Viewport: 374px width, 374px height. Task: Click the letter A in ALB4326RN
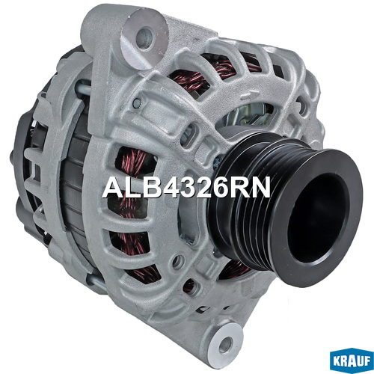pyautogui.click(x=112, y=188)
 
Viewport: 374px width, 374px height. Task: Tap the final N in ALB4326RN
pyautogui.click(x=261, y=188)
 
